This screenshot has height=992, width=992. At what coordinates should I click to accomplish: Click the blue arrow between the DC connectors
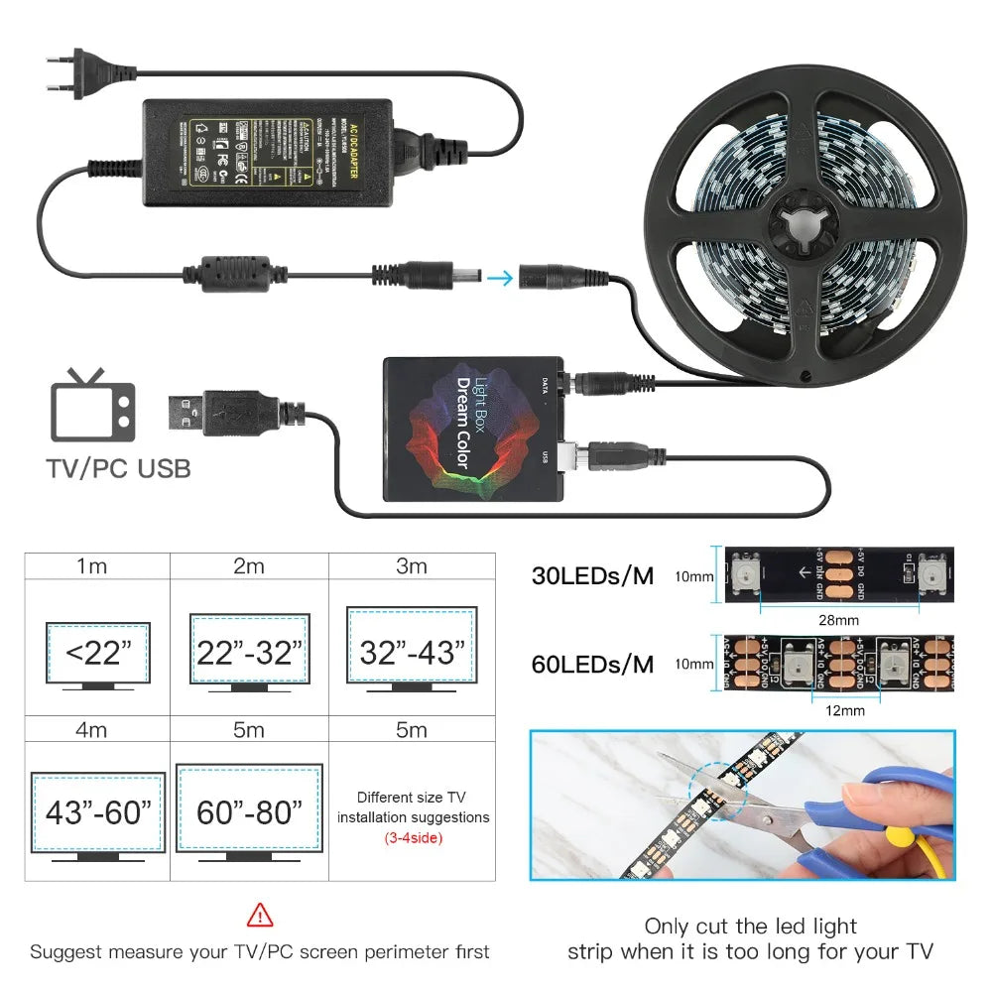pos(501,278)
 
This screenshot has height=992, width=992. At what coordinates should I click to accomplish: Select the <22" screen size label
pos(98,653)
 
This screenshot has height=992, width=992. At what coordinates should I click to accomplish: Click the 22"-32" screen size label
pos(249,653)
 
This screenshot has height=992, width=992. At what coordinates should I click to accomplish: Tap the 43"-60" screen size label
pos(98,812)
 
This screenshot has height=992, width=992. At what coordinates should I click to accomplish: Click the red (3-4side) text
pos(413,837)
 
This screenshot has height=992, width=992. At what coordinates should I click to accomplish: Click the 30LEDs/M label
pos(592,575)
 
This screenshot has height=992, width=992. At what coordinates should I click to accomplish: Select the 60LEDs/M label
pos(592,664)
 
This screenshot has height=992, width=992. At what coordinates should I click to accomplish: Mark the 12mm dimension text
pos(844,709)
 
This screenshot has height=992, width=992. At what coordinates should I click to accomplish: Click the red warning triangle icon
pos(260,914)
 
